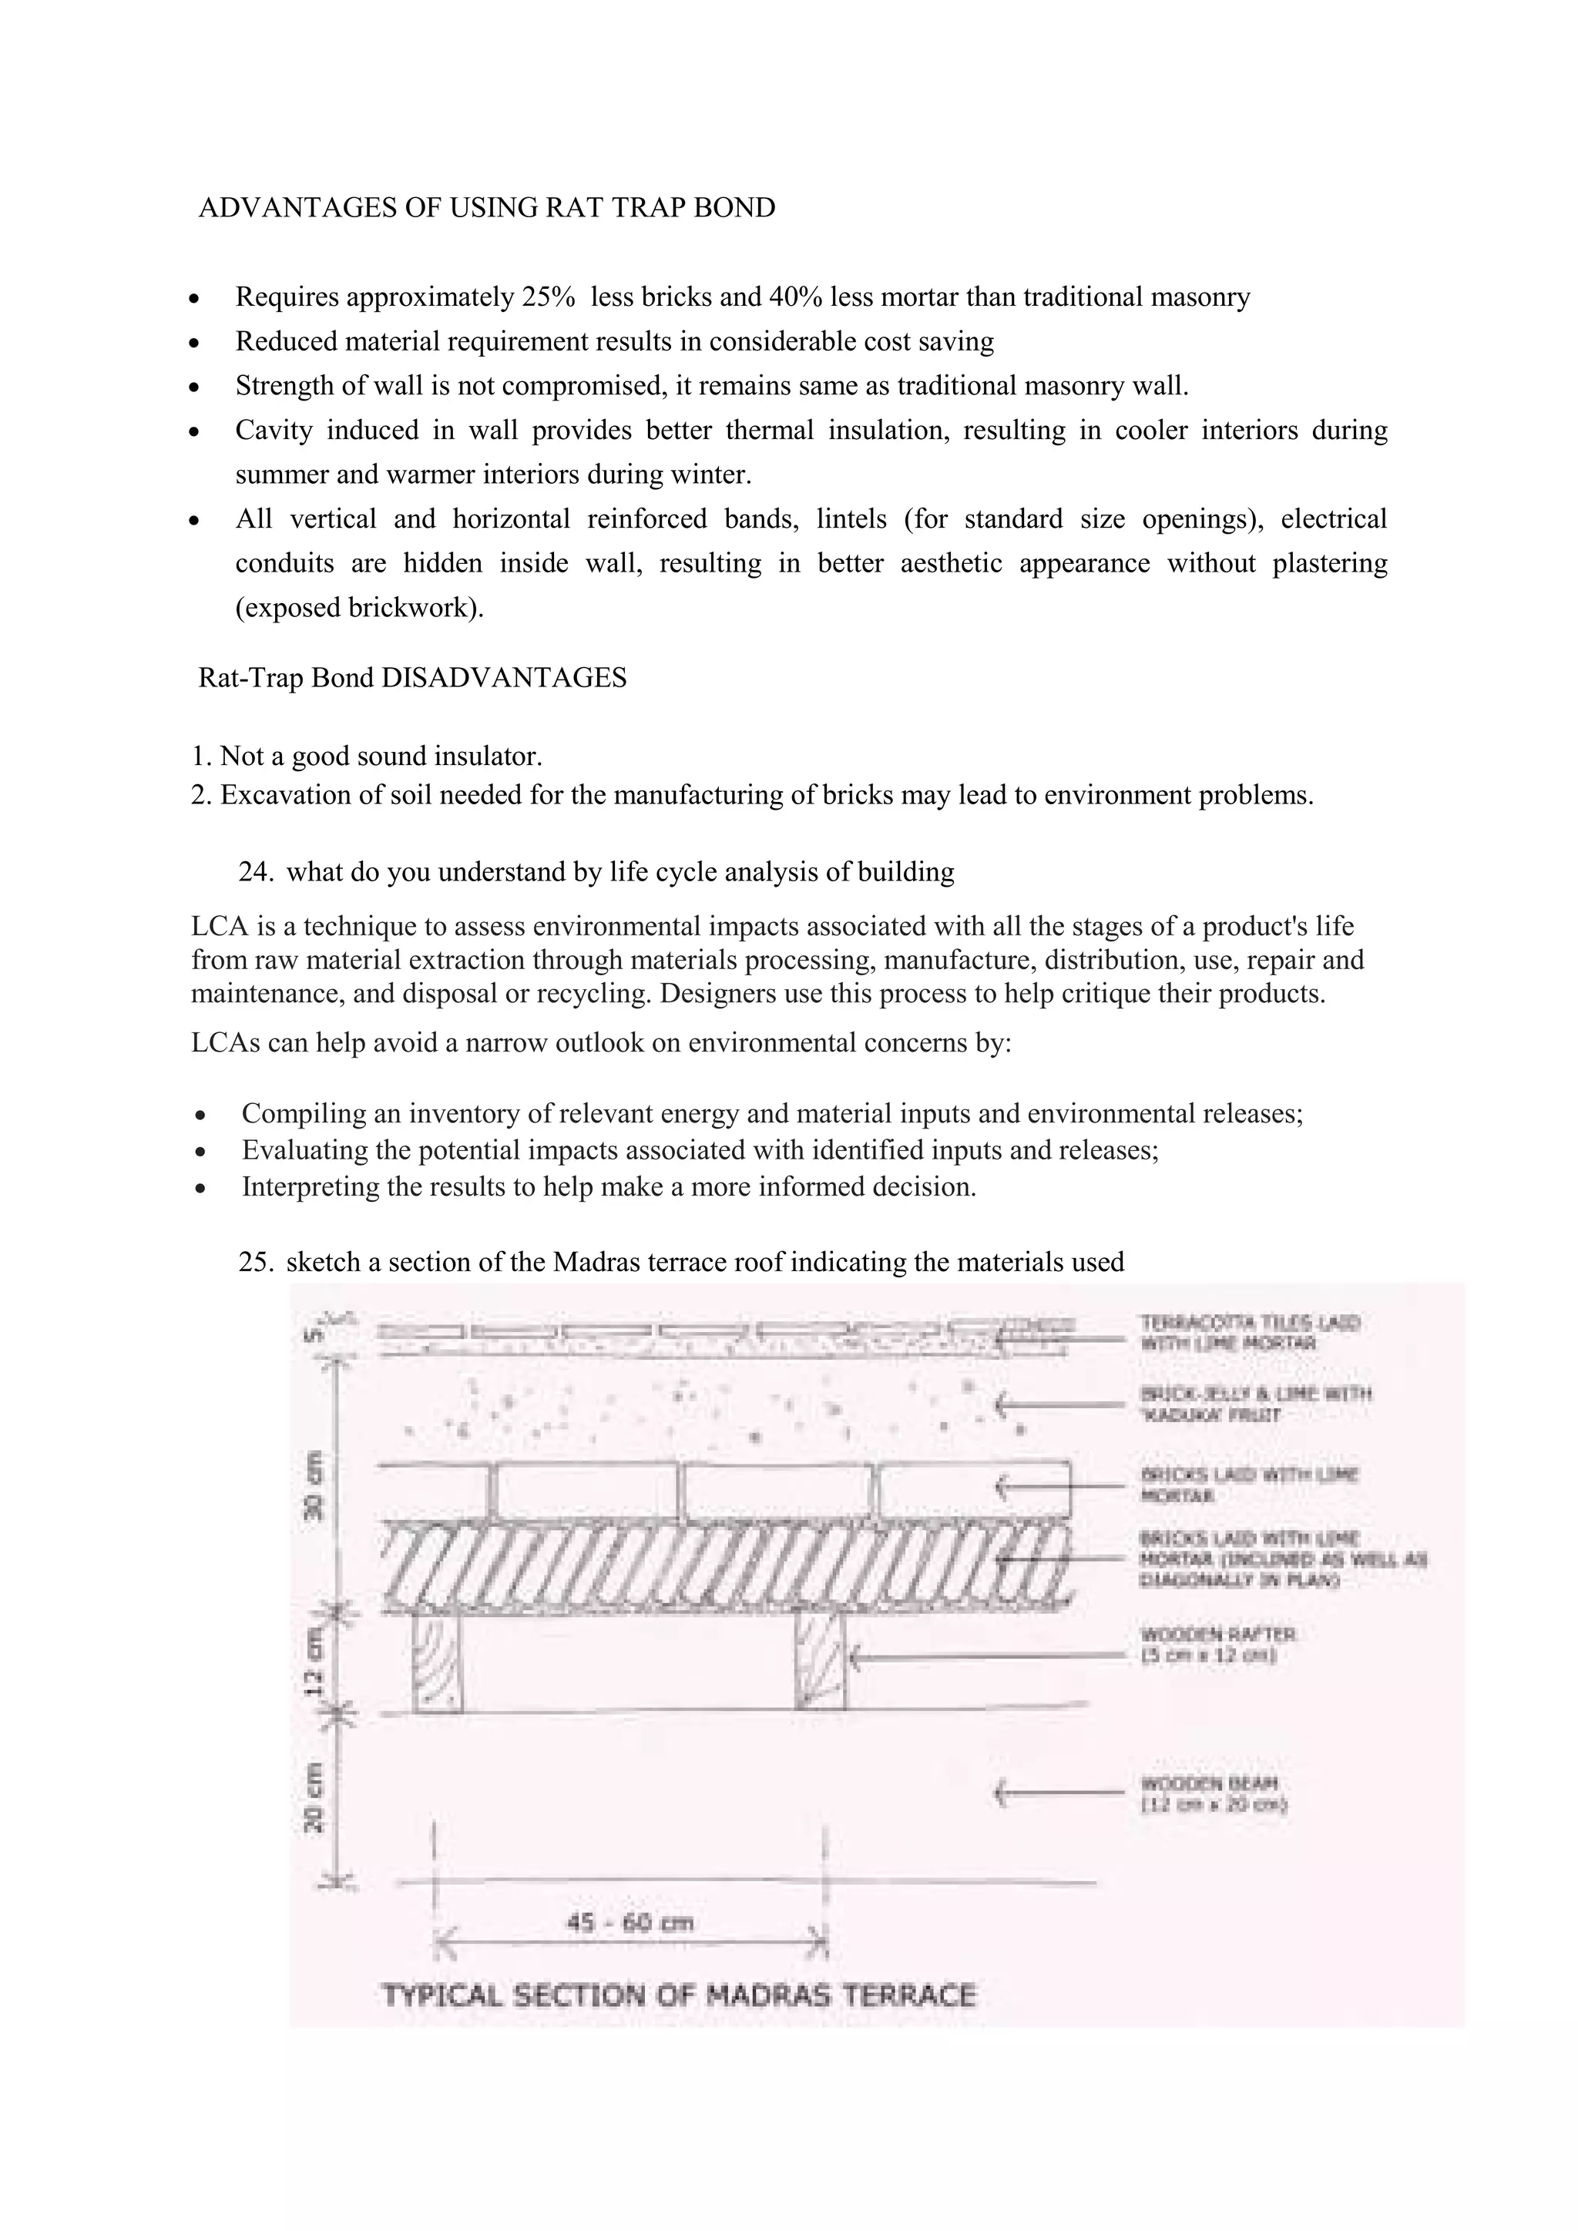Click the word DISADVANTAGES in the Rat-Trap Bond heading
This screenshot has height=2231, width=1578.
tap(503, 677)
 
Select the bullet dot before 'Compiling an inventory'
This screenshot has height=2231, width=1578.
tap(200, 1115)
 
